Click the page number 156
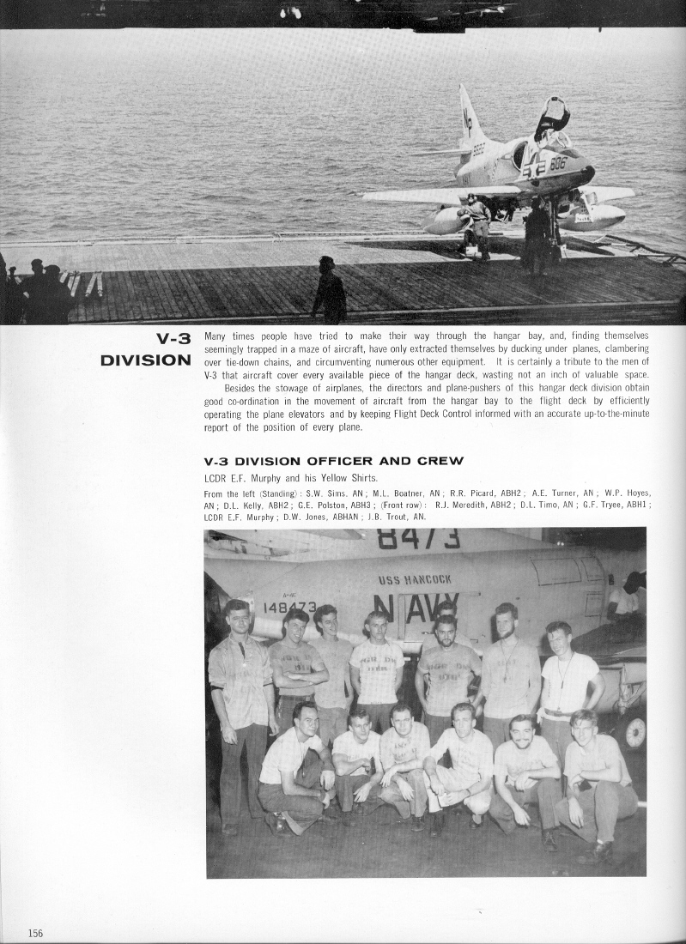[35, 934]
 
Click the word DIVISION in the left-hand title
[145, 360]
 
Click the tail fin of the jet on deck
[469, 116]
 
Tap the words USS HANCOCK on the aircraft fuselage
[415, 579]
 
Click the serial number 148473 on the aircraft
[290, 607]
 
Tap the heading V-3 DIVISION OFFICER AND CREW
[333, 461]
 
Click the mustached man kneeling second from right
[523, 731]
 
